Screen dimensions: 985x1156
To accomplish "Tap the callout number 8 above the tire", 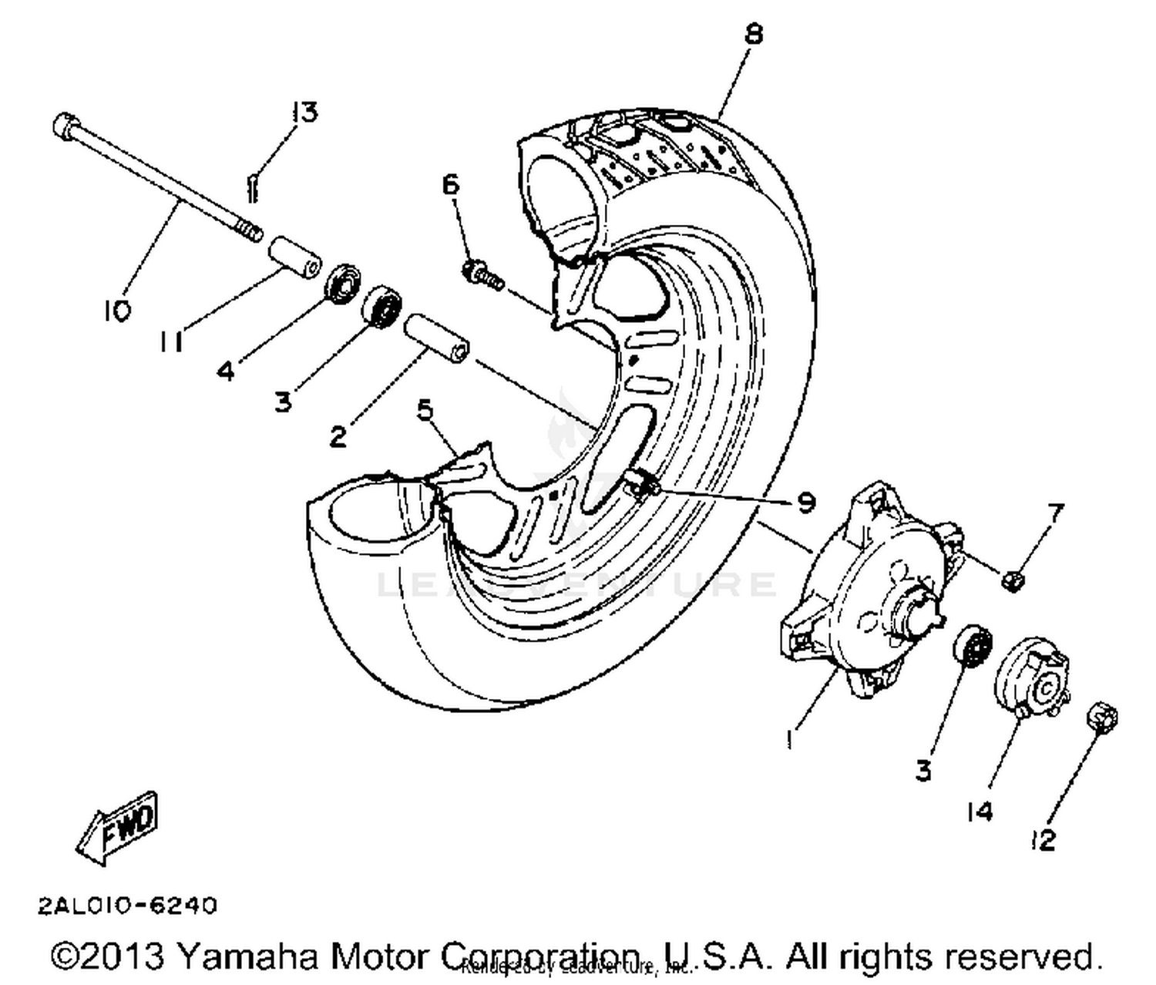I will click(x=753, y=34).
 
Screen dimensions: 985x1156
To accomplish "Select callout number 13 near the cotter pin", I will click(x=304, y=113).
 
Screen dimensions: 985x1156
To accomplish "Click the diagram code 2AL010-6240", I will click(x=128, y=905).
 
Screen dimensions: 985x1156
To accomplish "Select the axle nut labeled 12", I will click(x=1101, y=717).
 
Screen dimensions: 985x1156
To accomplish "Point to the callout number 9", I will click(x=805, y=503).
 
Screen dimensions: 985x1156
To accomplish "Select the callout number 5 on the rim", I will click(x=425, y=410).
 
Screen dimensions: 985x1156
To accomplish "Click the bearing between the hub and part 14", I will click(x=972, y=644).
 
